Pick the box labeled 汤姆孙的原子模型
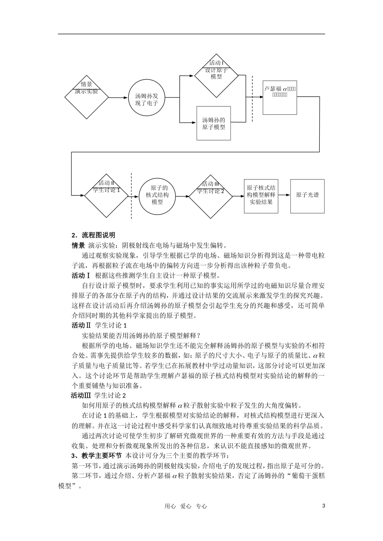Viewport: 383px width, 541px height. (x=213, y=123)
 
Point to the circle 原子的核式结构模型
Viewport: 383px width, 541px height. (x=157, y=195)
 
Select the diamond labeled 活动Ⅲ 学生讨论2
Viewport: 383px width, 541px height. (x=210, y=196)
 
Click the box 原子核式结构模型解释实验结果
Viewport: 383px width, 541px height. (x=261, y=196)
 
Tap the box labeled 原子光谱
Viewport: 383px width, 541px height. (x=307, y=195)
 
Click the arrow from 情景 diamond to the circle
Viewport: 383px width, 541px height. (x=119, y=97)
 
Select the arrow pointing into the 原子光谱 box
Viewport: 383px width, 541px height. (x=284, y=195)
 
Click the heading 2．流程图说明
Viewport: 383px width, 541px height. (x=93, y=235)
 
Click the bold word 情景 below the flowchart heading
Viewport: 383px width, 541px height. (x=78, y=245)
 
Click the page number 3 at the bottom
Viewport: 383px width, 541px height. (x=324, y=506)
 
